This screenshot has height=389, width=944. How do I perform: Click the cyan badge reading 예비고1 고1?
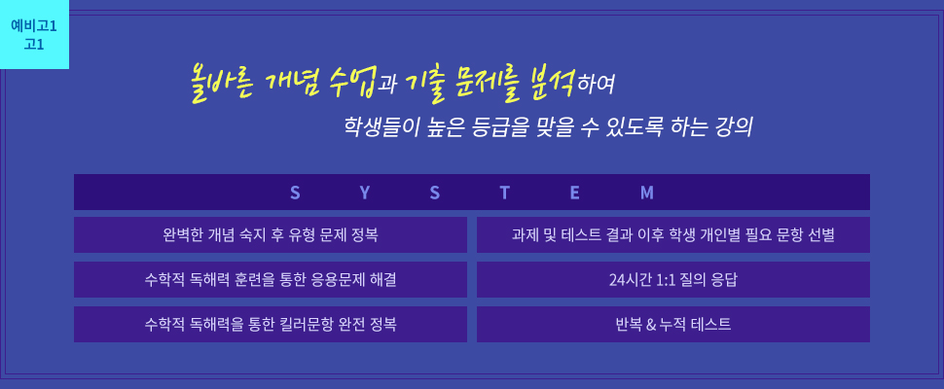(x=34, y=34)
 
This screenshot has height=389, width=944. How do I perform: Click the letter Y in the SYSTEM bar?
(x=365, y=193)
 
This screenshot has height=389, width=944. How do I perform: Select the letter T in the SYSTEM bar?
(x=504, y=193)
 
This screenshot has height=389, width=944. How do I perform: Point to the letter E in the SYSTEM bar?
(x=575, y=193)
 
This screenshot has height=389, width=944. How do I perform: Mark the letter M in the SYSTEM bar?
(x=646, y=193)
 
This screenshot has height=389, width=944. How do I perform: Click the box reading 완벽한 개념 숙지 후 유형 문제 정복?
(x=271, y=234)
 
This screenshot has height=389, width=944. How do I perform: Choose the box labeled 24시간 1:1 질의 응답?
(x=673, y=279)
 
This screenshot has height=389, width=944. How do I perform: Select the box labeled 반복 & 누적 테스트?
(x=673, y=324)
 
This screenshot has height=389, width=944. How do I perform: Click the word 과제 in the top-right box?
(x=523, y=234)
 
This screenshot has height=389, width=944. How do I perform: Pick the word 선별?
(x=823, y=234)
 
